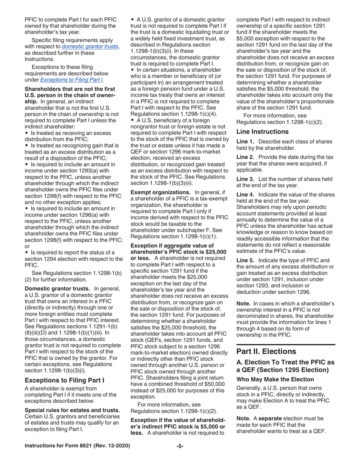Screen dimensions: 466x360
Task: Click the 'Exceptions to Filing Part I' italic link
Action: click(71, 80)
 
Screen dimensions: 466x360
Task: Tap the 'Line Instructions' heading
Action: click(262, 132)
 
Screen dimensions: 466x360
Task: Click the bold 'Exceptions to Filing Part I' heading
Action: click(64, 380)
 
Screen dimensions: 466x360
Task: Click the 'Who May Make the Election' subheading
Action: click(270, 379)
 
